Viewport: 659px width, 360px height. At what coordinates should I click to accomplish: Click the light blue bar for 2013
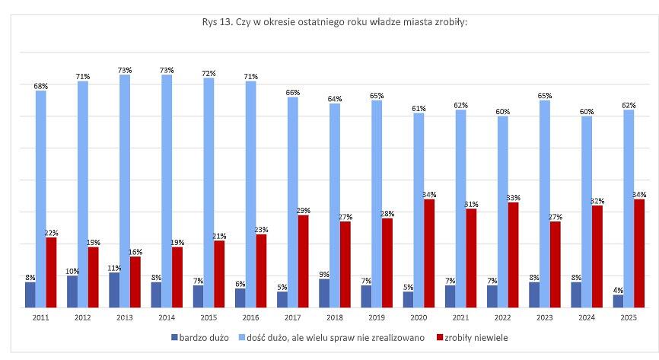125,190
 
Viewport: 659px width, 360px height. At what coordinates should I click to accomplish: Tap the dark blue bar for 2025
618,301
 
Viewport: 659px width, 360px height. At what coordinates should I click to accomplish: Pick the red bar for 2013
135,282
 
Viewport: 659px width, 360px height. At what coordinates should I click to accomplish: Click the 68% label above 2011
40,86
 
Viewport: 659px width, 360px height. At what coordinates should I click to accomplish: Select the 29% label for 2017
303,210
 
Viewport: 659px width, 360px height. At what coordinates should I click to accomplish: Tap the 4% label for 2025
618,289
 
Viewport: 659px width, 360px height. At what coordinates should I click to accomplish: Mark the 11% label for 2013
114,268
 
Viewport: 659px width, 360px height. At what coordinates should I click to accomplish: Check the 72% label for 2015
209,73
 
